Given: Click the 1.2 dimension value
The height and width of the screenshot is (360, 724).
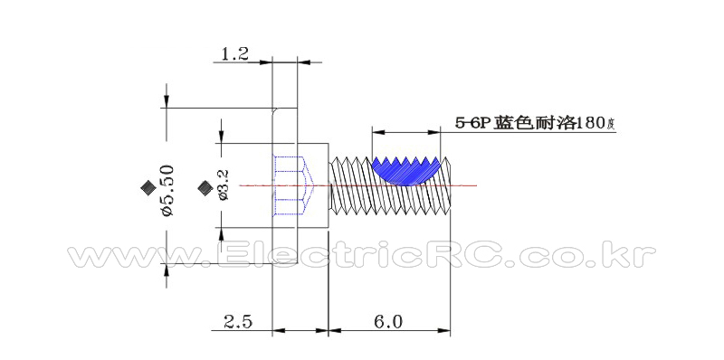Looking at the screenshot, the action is coord(235,54).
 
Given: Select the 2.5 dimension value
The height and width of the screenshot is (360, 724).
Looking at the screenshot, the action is coord(238,321).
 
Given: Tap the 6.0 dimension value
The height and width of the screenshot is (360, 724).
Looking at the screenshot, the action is coord(388,321).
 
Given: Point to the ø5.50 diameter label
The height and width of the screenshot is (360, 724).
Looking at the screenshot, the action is coord(167,191).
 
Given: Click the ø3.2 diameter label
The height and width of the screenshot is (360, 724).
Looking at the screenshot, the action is coord(223,185).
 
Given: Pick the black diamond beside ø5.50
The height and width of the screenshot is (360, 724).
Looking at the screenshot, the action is coord(148,187).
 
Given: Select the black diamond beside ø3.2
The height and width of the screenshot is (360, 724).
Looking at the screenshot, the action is coord(205,187).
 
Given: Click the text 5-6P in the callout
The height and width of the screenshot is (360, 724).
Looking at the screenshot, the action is coord(473,123).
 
